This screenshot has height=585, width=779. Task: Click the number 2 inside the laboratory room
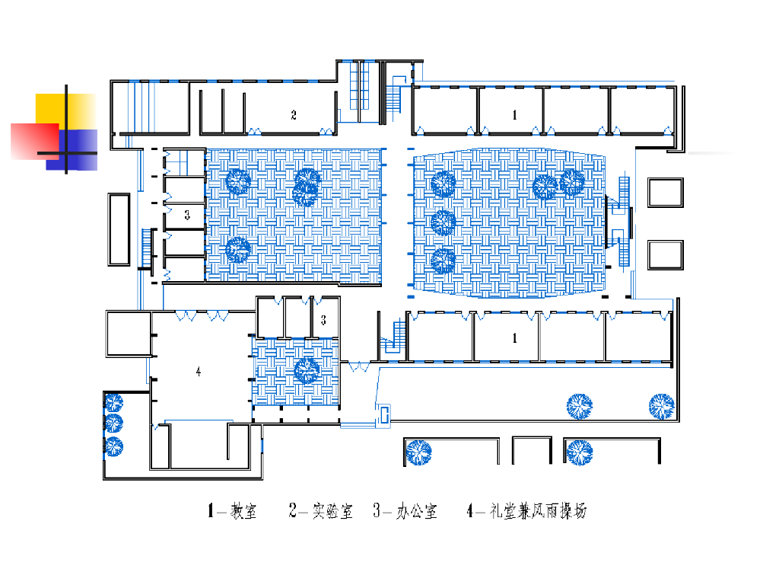tap(294, 116)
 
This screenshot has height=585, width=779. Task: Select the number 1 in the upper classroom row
tap(515, 115)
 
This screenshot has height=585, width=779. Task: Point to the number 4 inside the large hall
tap(199, 372)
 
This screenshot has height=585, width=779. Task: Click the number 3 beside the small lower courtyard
tap(323, 320)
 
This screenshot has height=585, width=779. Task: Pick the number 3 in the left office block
tap(186, 216)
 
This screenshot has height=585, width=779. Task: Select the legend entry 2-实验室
tap(321, 511)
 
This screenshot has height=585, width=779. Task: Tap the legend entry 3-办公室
tap(405, 511)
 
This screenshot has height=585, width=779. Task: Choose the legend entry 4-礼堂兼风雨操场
tap(526, 511)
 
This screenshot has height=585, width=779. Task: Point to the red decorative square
tap(34, 141)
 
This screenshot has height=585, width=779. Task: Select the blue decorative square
tap(80, 149)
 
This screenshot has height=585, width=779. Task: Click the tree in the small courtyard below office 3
tap(307, 369)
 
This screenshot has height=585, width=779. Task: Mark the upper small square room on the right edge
tap(666, 192)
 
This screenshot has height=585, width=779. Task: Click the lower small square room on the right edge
tap(666, 254)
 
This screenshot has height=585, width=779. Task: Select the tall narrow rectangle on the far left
tap(119, 229)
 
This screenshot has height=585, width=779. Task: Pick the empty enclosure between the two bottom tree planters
tap(531, 450)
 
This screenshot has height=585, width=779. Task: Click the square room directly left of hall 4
tap(127, 334)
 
